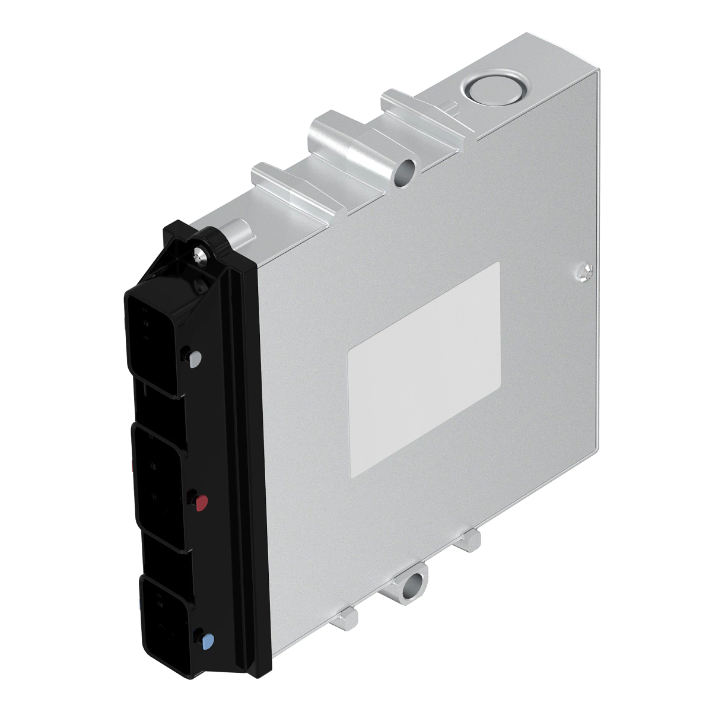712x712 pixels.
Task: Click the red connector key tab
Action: tap(202, 504)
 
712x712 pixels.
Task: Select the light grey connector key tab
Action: tap(195, 357)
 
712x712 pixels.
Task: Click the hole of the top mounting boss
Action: tap(405, 171)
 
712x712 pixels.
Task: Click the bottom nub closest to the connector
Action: tap(347, 620)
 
